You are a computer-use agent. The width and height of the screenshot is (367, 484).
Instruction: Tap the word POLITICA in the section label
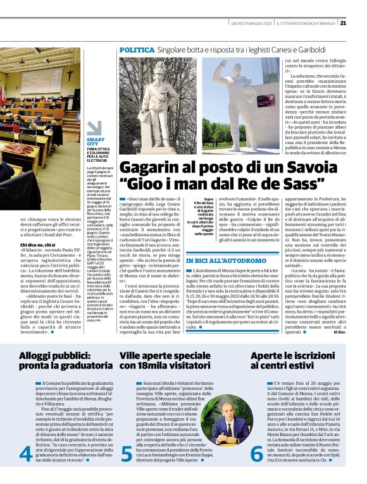(137, 49)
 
